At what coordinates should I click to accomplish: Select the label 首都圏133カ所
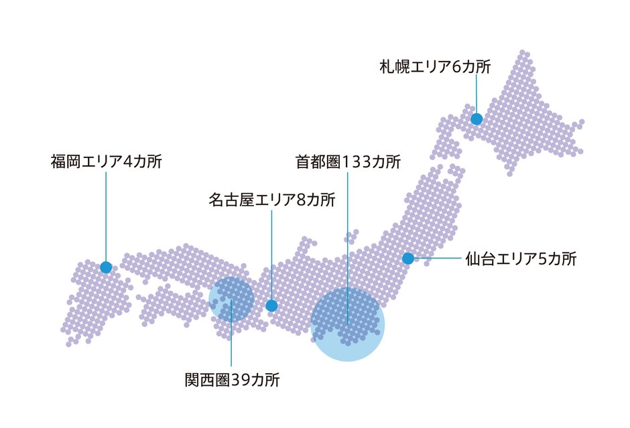348,162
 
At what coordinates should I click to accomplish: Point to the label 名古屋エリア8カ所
271,200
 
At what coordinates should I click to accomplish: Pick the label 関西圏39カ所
232,380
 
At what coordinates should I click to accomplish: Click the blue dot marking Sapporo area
477,119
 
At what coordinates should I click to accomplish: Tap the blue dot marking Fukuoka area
106,267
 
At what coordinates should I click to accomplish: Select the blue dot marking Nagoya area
271,306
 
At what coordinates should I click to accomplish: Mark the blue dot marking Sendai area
407,259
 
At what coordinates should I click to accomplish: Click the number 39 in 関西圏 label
241,380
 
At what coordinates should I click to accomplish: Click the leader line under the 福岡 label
106,214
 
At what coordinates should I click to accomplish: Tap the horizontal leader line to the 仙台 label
436,259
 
